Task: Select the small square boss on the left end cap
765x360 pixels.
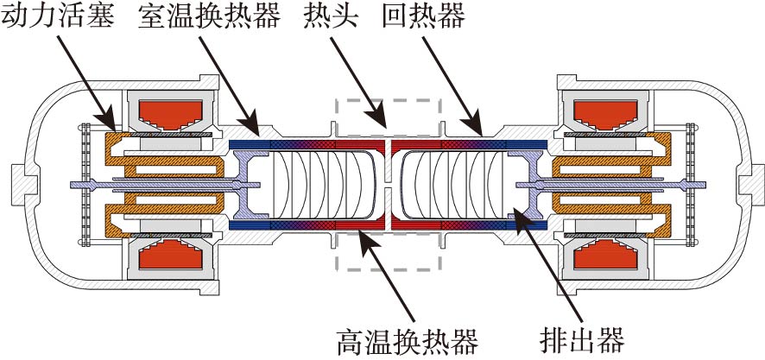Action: pos(18,185)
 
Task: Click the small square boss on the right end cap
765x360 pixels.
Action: pos(747,185)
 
